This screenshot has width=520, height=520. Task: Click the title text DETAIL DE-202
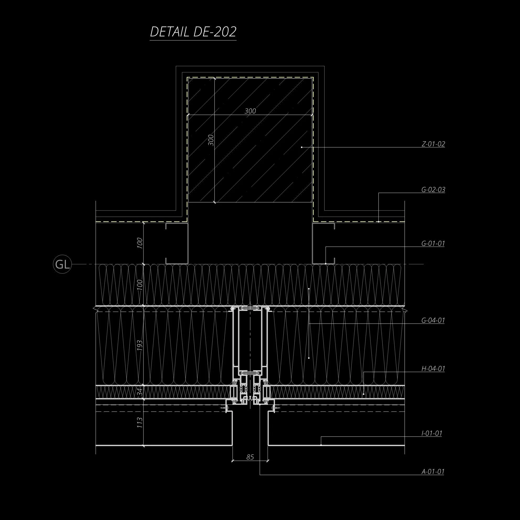pos(193,32)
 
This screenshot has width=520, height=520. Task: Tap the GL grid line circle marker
pos(62,265)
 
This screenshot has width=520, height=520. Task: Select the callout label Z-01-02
pos(433,144)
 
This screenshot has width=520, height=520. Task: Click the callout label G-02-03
pos(433,190)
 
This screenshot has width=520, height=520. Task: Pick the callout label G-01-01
pos(433,243)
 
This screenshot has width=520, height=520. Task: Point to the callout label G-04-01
pos(433,321)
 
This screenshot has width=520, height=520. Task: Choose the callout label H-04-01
pos(433,369)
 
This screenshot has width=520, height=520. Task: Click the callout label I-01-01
pos(431,433)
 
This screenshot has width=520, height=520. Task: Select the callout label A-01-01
pos(432,472)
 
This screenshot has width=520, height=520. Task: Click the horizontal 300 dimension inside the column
pos(250,111)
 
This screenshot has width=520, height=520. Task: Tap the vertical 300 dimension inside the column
pos(211,140)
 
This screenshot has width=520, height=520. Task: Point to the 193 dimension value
pos(140,345)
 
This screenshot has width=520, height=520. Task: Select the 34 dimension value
pos(140,393)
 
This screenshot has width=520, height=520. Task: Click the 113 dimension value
pos(140,423)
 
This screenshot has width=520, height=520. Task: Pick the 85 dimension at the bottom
pos(250,457)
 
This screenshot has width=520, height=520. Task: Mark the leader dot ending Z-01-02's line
pos(301,147)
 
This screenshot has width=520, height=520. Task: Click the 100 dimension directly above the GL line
pos(140,243)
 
